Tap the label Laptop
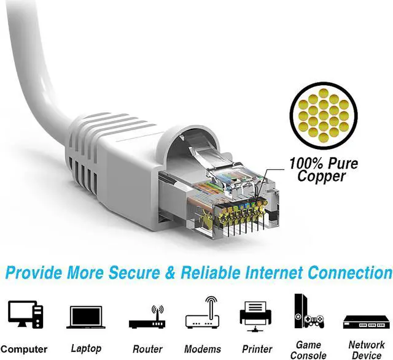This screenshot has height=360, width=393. click(86, 348)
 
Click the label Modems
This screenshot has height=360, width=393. click(202, 349)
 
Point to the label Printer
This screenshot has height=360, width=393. click(256, 349)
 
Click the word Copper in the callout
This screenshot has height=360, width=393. click(322, 177)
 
